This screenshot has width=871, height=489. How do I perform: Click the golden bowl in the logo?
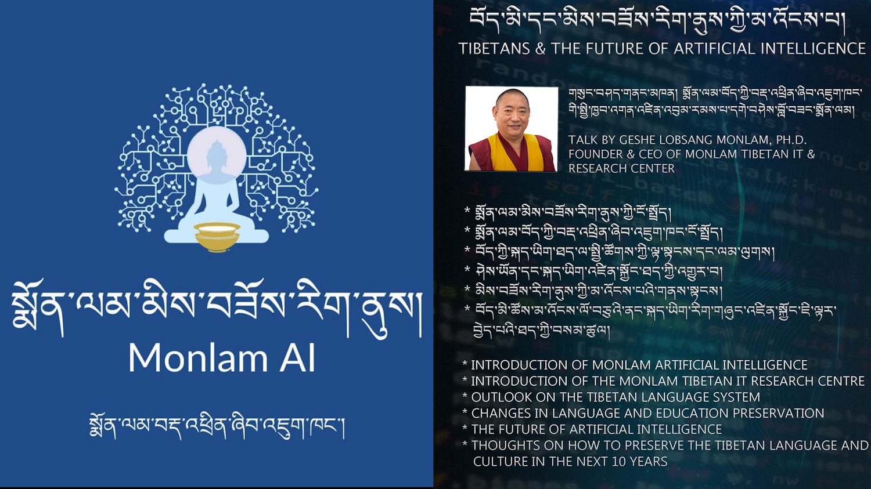pos(217,236)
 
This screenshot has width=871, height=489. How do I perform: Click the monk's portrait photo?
pos(512,129)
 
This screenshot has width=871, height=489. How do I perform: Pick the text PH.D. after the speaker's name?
pos(791,140)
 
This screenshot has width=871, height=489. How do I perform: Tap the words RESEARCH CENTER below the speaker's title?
pos(621,169)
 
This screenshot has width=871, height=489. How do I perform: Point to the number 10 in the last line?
pos(619,461)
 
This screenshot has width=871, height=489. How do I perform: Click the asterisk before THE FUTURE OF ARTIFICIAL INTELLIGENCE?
pos(465,428)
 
